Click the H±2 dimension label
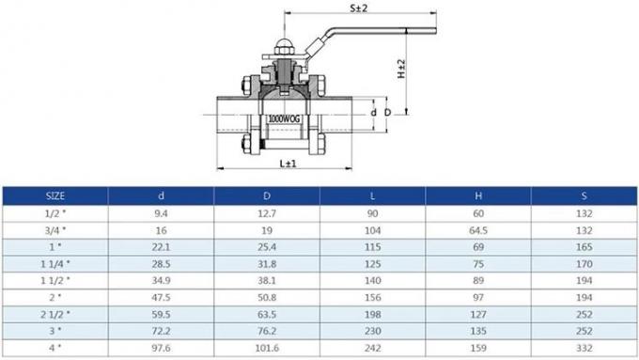tap(401, 70)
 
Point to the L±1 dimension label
tap(288, 164)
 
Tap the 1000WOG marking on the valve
tap(280, 119)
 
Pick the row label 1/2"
tap(55, 212)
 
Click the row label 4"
tap(55, 347)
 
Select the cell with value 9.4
tap(162, 212)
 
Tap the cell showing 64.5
tap(477, 229)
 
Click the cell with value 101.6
tap(268, 347)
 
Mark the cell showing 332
tap(584, 347)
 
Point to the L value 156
tap(373, 296)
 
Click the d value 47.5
tap(162, 296)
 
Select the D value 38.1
tap(268, 280)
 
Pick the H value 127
tap(477, 313)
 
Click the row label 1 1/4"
tap(55, 263)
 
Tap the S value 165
tap(584, 246)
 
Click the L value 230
tap(373, 330)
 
